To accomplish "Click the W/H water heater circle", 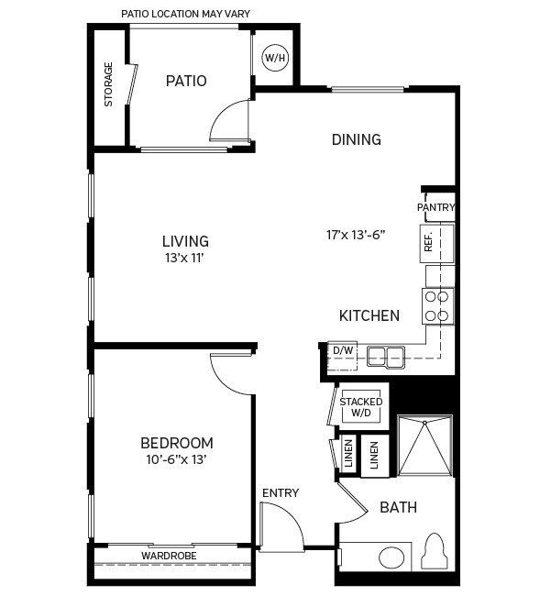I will tap(275, 58).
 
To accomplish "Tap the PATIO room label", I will tap(186, 81).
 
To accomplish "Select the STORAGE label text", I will tap(109, 84).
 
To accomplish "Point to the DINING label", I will tap(356, 139).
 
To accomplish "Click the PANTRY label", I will tap(435, 207).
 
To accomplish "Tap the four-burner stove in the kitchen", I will tap(437, 305).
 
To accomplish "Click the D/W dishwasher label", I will tap(343, 351).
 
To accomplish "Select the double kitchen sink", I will tap(386, 356).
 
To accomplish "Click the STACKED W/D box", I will tap(361, 407).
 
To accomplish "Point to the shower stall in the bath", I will tap(424, 447).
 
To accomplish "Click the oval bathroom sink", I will tap(394, 557).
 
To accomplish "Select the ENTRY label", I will tap(281, 493).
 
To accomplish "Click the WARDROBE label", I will tap(171, 556).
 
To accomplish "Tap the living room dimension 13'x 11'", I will tap(185, 258).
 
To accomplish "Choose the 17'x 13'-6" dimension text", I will tap(356, 235).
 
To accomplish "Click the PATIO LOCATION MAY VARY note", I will tap(186, 14).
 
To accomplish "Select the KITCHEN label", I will tap(369, 315).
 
